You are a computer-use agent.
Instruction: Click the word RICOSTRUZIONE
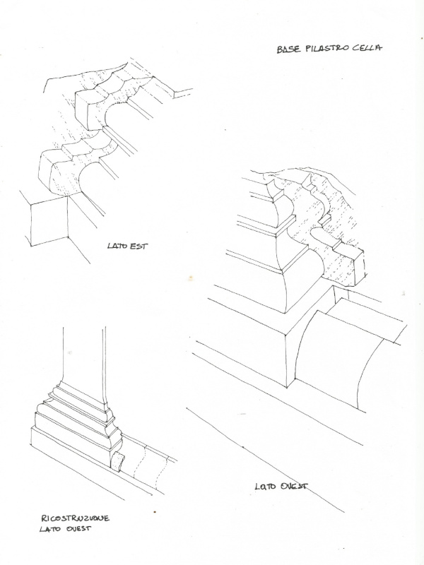pyautogui.click(x=75, y=518)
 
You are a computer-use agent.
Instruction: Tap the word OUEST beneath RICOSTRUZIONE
pyautogui.click(x=78, y=529)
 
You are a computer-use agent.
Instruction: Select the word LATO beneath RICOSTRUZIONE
pyautogui.click(x=49, y=529)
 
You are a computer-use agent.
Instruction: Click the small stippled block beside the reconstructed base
pyautogui.click(x=118, y=462)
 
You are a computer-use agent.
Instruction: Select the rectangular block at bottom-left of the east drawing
pyautogui.click(x=49, y=222)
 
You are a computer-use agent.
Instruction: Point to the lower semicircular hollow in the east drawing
pyautogui.click(x=91, y=175)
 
